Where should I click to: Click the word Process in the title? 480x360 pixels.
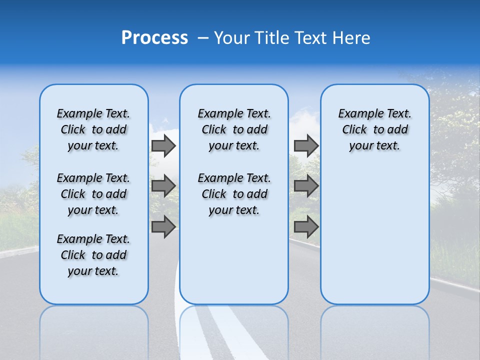pos(154,38)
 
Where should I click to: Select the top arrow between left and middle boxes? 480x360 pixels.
pos(163,146)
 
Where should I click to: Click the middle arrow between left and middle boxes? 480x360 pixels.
pos(163,186)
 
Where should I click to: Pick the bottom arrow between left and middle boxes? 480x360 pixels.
pos(163,226)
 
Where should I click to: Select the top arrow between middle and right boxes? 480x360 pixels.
pos(306,146)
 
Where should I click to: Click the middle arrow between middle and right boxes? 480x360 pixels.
pos(306,186)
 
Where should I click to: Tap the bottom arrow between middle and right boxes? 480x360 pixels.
pos(306,226)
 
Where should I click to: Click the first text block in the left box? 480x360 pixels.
pos(93,129)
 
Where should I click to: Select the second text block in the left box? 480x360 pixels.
pos(93,194)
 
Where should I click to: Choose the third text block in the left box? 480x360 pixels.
pos(93,255)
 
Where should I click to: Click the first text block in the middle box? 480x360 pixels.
pos(234,129)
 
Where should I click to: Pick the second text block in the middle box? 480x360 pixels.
pos(234,194)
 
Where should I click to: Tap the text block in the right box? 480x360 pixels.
pos(375,129)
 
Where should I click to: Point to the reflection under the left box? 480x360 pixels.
pos(94,330)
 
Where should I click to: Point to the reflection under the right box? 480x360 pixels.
pos(375,330)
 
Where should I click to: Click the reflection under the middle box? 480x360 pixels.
pos(234,330)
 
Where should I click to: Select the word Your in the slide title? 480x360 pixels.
pos(232,38)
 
